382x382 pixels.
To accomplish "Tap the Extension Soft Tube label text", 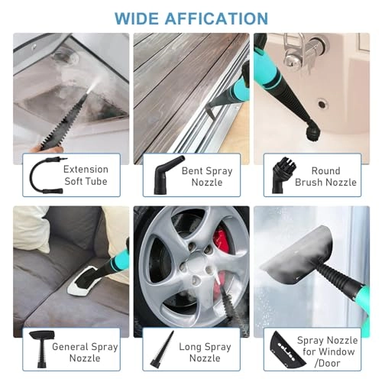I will (86, 176).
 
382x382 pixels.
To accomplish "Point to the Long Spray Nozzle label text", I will (205, 352).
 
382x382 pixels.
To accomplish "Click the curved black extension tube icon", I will (40, 176).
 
